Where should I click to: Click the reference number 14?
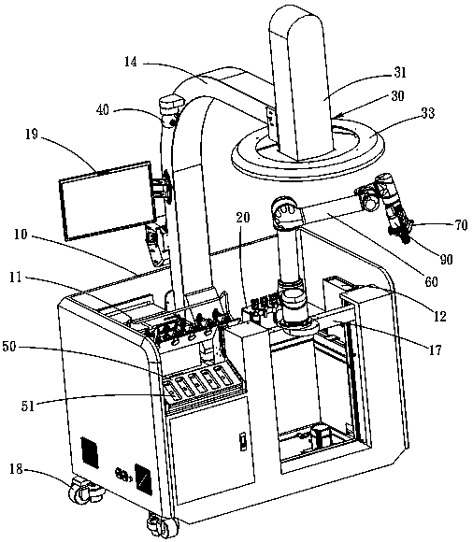(131, 62)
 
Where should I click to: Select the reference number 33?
(428, 113)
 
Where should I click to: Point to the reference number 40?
(102, 109)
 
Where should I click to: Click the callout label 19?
(32, 134)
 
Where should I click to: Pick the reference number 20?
(243, 218)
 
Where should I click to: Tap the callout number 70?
(460, 225)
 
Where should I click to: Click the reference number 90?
(446, 259)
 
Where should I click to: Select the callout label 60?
(431, 281)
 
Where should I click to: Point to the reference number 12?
(439, 316)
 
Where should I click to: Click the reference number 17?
(436, 349)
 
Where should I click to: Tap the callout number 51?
(28, 406)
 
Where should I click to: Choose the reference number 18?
(17, 469)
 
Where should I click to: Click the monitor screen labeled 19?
(107, 201)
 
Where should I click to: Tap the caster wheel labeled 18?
(84, 490)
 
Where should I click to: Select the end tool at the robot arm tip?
(402, 230)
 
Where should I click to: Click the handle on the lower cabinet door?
(243, 441)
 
